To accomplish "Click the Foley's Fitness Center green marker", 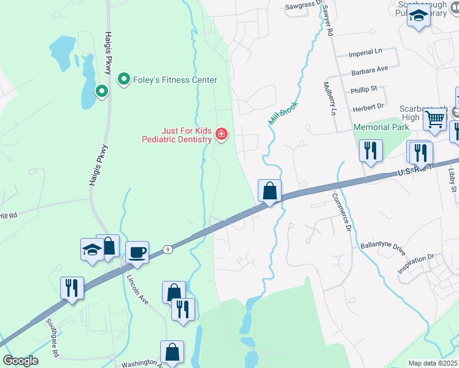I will [123, 80].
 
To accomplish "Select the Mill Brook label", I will [283, 113].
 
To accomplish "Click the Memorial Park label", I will [381, 127].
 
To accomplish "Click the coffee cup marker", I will [137, 252].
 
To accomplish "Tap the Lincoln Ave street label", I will [138, 288].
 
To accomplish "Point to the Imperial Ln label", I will [365, 53].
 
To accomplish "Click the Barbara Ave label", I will [369, 71].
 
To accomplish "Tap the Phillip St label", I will [364, 90].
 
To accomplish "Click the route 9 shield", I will [166, 249].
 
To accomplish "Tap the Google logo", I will [20, 361].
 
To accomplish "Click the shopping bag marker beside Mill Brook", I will [269, 191].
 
